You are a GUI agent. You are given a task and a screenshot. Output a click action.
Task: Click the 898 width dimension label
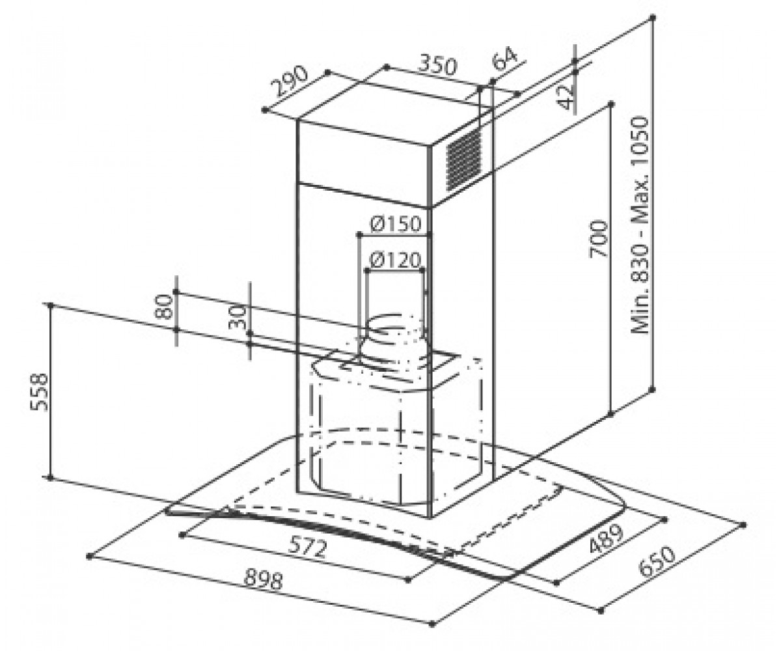click(x=264, y=580)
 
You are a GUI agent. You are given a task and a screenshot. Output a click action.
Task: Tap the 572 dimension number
click(x=308, y=547)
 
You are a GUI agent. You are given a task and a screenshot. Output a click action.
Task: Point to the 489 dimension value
click(x=606, y=539)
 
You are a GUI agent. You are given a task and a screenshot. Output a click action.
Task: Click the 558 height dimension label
click(x=39, y=392)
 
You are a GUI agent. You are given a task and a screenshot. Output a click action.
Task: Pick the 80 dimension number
click(x=164, y=307)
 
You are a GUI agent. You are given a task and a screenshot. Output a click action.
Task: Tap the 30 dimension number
click(x=238, y=317)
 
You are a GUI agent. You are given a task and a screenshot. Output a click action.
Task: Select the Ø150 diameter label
click(x=395, y=224)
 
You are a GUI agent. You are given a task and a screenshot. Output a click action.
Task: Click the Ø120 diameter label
click(x=395, y=260)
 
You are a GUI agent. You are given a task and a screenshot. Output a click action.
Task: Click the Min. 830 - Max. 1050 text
click(x=640, y=225)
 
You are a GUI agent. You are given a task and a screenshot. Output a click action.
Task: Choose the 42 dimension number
click(x=568, y=97)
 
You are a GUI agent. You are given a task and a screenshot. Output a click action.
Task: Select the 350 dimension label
click(x=437, y=64)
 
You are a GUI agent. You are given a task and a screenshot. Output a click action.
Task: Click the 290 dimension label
click(x=291, y=81)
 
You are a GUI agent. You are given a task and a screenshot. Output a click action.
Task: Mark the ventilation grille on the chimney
click(x=463, y=159)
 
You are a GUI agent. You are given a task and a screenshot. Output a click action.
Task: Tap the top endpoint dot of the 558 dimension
click(x=51, y=305)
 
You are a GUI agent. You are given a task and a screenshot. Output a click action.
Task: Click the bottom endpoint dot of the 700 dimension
click(x=610, y=414)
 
